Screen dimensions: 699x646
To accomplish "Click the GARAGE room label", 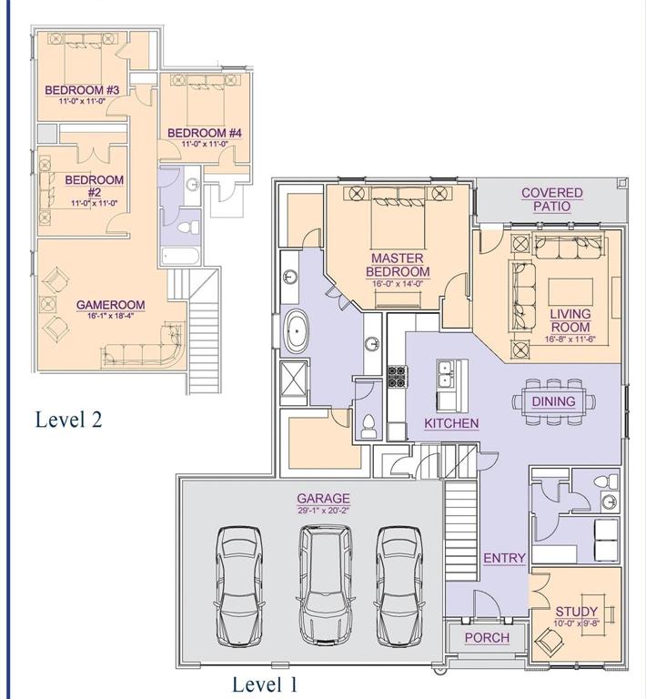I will click(x=323, y=499).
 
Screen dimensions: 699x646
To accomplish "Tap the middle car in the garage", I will click(x=323, y=575).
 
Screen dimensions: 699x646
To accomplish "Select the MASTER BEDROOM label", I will click(x=398, y=265).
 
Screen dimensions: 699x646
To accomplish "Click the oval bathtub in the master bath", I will click(x=298, y=332).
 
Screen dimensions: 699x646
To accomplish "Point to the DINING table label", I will click(x=553, y=401).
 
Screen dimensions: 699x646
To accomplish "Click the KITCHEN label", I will click(x=451, y=423).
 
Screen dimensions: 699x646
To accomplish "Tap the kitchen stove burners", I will click(x=396, y=376).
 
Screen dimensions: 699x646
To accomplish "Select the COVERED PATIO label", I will click(x=552, y=200).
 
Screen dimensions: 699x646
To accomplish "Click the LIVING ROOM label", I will click(x=570, y=320).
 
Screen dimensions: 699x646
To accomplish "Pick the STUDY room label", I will click(x=577, y=611).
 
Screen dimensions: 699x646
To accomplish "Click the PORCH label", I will click(x=487, y=637).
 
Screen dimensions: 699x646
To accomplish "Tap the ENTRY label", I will click(x=504, y=558).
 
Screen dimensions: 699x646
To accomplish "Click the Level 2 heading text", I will click(x=68, y=420).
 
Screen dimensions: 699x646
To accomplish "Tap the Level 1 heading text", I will click(x=265, y=684).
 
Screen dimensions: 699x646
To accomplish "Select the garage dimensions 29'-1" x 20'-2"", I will click(x=323, y=511).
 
